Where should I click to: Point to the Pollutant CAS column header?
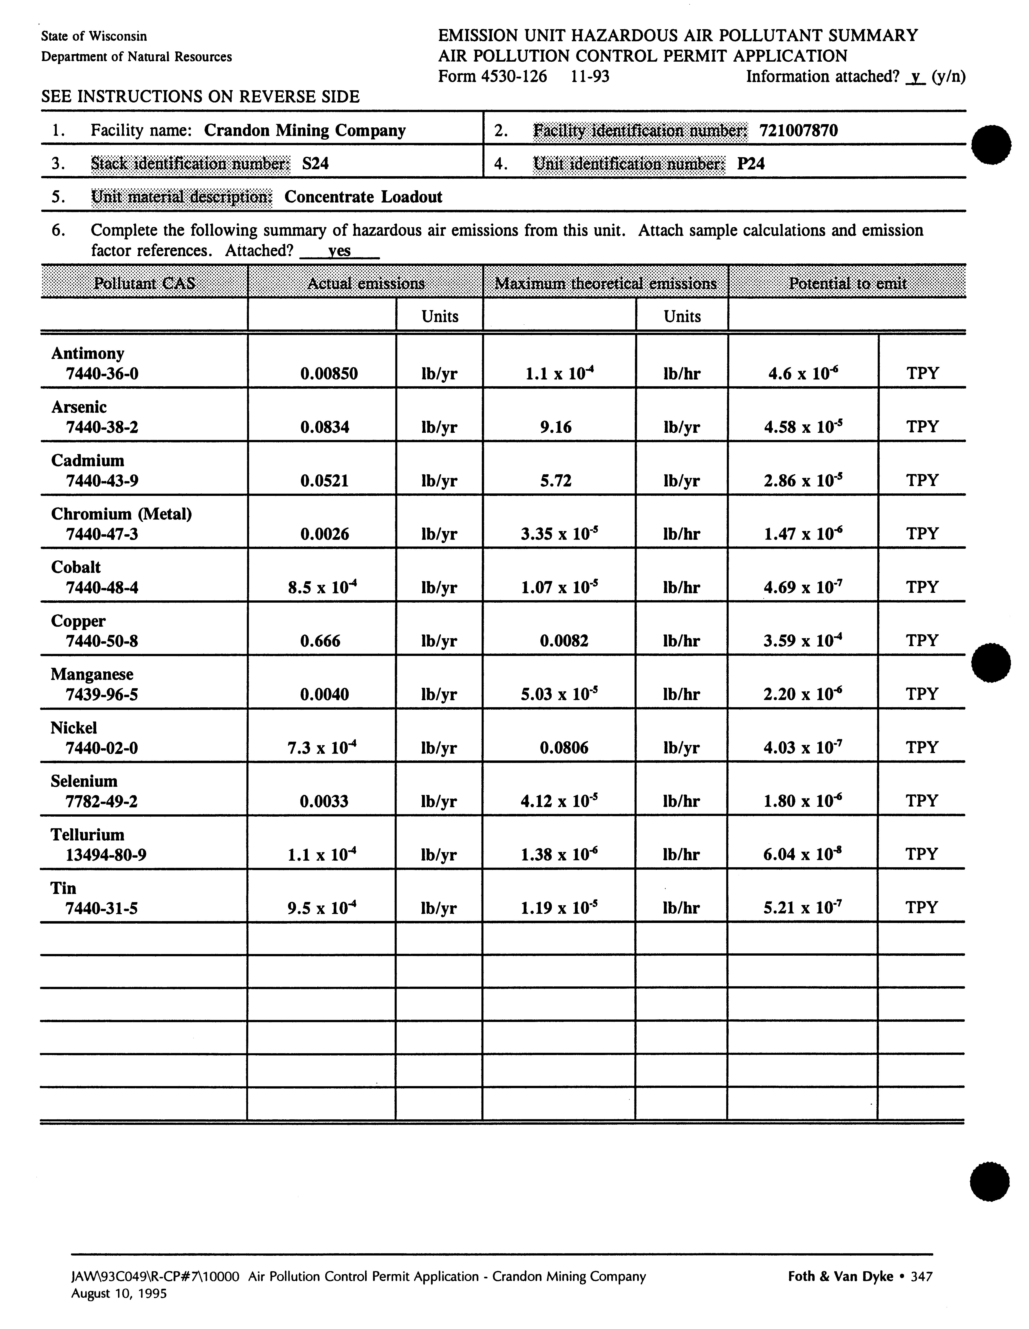(144, 283)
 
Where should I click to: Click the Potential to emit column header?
(847, 283)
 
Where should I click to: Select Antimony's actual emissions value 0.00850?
(329, 374)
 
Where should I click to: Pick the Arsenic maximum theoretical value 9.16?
(556, 427)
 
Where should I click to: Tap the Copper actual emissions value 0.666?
(321, 641)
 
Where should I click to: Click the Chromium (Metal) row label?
(121, 514)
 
